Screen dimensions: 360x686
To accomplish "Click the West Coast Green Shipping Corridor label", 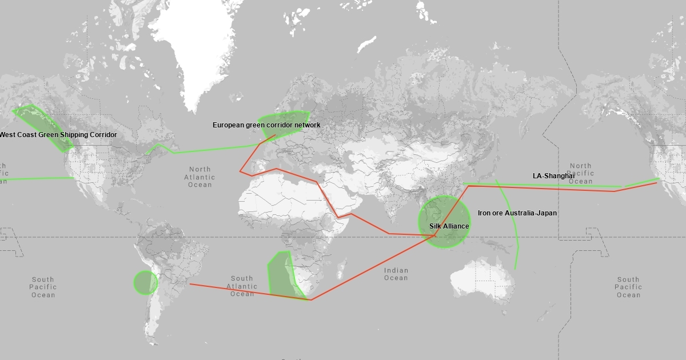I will point(58,135).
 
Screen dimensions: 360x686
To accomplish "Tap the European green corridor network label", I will point(266,125).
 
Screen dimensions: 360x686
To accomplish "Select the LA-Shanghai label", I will point(553,176).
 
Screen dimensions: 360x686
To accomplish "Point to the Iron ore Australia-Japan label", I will point(517,213).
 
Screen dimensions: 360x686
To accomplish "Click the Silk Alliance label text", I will point(449,226).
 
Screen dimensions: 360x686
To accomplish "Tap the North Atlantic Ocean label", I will point(200,177).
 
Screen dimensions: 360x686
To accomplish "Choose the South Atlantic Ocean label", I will point(242,286).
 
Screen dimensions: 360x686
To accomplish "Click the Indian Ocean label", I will point(396,274).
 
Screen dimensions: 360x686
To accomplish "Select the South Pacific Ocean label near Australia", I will point(628,287).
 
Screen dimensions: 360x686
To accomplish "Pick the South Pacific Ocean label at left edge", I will point(43,287).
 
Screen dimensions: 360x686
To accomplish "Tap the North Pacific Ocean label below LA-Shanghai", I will point(580,174).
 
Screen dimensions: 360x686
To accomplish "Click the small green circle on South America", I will point(145,282).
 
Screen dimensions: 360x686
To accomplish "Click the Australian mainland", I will point(480,280).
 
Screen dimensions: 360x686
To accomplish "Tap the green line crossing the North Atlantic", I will point(212,150).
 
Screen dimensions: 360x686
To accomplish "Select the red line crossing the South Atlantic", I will point(252,292).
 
